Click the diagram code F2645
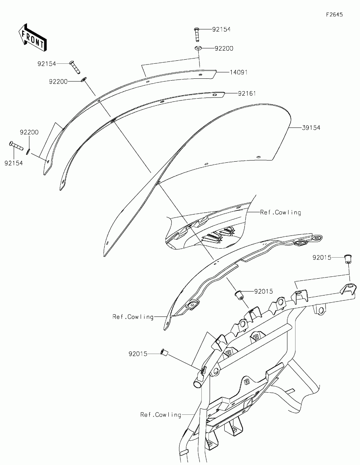pyautogui.click(x=334, y=15)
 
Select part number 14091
pyautogui.click(x=238, y=72)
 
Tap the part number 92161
pyautogui.click(x=247, y=93)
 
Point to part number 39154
pyautogui.click(x=311, y=128)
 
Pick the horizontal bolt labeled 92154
pyautogui.click(x=16, y=145)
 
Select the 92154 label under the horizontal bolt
pyautogui.click(x=13, y=163)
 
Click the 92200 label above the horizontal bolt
pyautogui.click(x=29, y=132)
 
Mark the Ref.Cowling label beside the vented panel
pyautogui.click(x=280, y=212)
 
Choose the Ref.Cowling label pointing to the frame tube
pyautogui.click(x=160, y=415)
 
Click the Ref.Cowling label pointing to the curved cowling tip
pyautogui.click(x=133, y=317)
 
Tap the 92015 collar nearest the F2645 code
pyautogui.click(x=348, y=258)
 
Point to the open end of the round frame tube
pyautogui.click(x=197, y=384)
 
